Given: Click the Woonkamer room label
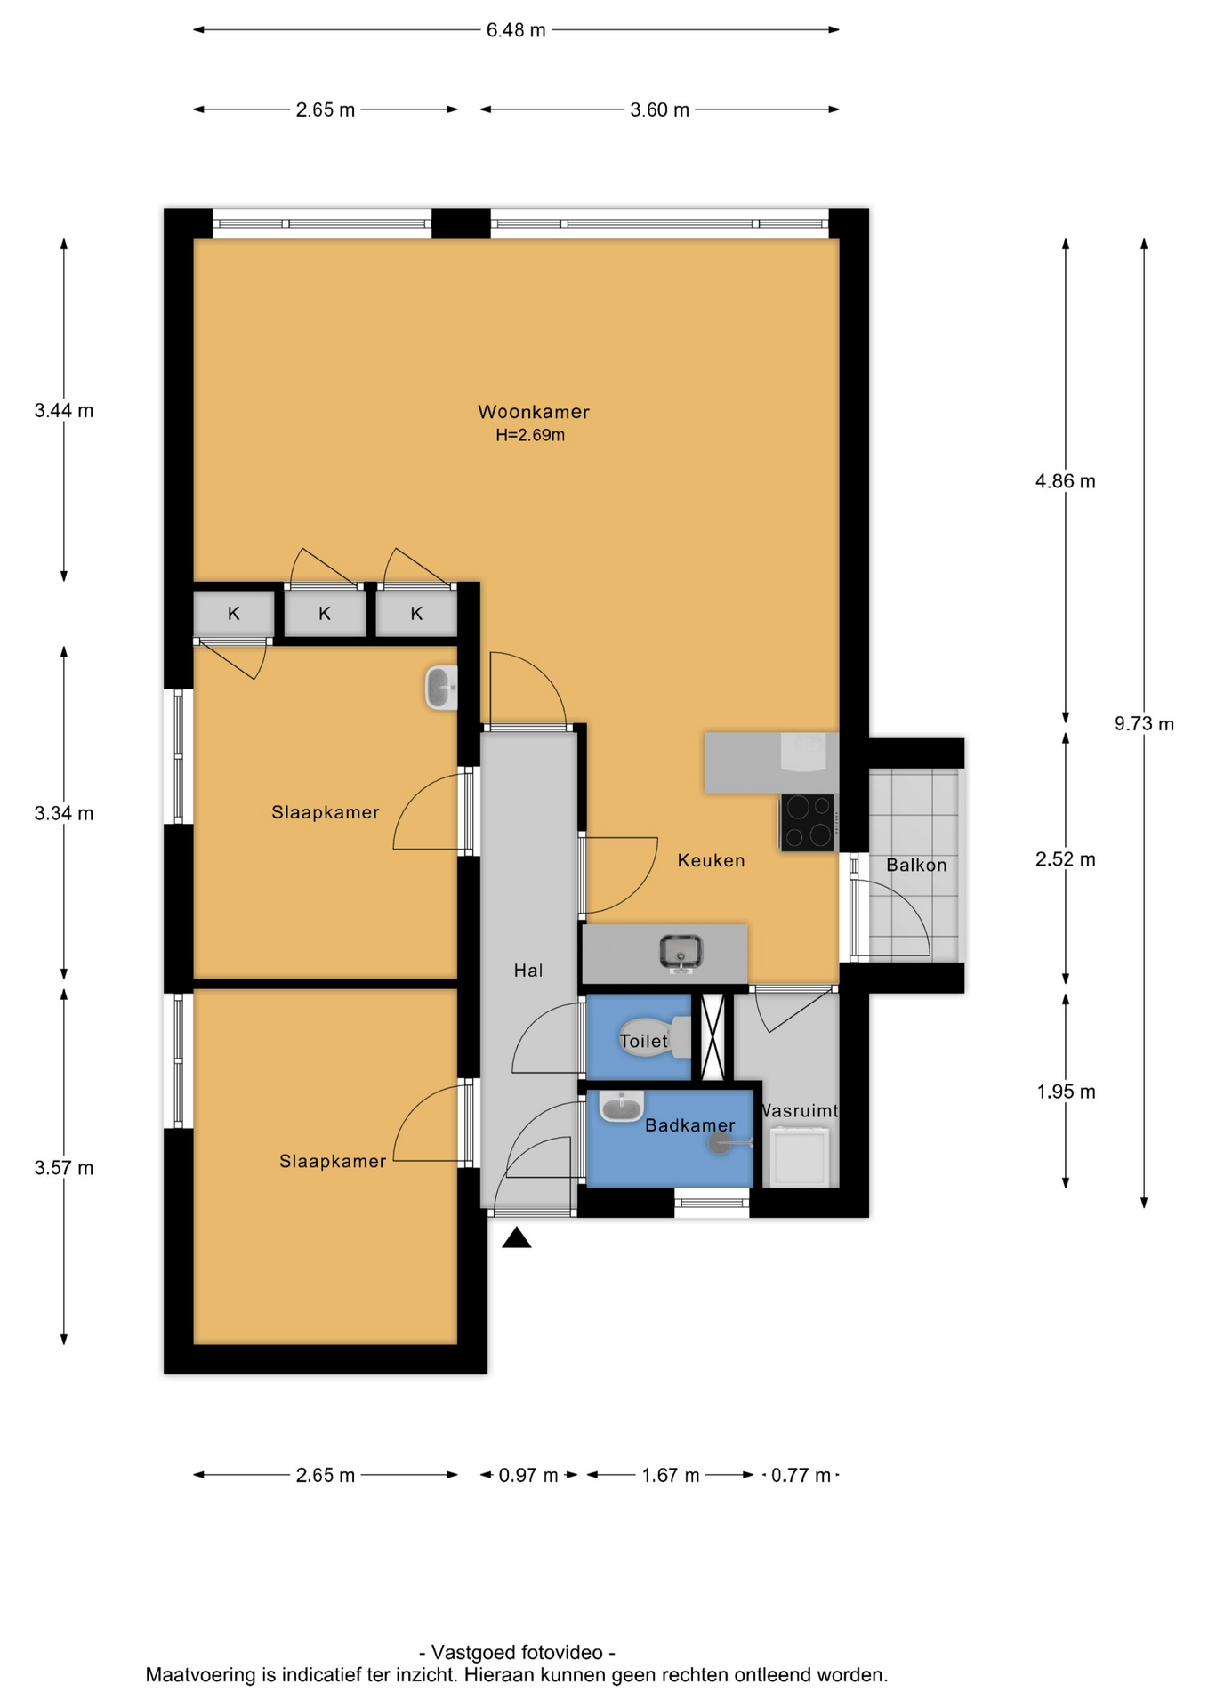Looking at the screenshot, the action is click(x=534, y=412).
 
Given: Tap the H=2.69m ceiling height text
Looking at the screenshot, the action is click(x=530, y=435).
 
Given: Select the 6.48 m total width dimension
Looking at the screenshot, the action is click(x=516, y=30).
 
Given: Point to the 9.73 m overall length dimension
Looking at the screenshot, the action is click(x=1144, y=723).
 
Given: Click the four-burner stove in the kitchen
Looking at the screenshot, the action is click(x=808, y=822).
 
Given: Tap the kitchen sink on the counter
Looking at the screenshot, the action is click(x=681, y=953).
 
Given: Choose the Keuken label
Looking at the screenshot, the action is click(x=711, y=860).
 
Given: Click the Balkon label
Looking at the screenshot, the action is click(x=916, y=865).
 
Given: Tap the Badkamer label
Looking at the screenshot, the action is click(x=690, y=1125).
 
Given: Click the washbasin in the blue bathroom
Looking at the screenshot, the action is click(x=621, y=1106).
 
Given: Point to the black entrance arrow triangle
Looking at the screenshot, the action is click(x=517, y=1237).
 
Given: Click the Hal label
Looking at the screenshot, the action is click(x=528, y=971).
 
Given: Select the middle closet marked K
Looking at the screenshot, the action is click(x=325, y=613).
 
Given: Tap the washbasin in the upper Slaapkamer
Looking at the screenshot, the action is click(x=441, y=688).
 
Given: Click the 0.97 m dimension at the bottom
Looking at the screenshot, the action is click(x=528, y=1475).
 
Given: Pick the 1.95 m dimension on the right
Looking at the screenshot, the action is click(x=1066, y=1092).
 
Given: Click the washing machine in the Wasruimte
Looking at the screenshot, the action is click(x=801, y=1156).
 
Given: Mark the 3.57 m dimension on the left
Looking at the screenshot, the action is click(x=64, y=1168).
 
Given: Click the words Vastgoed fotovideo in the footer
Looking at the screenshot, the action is click(x=517, y=1652).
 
